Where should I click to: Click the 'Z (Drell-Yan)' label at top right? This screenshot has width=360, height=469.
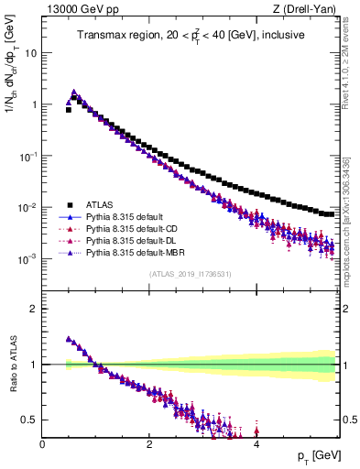coord(308,9)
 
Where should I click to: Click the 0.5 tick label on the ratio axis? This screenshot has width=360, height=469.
coord(30,420)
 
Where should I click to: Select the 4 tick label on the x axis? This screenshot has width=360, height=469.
coord(256,443)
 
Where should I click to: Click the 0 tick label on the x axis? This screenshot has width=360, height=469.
coord(42,443)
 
